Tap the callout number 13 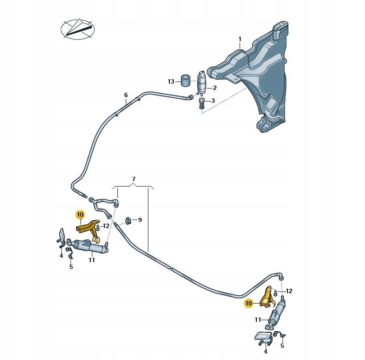[x=171, y=81]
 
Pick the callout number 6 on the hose [x=126, y=95]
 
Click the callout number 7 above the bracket [x=134, y=179]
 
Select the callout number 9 [x=140, y=220]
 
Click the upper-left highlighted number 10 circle [x=80, y=215]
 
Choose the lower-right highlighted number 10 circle [x=249, y=303]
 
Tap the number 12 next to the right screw [x=289, y=291]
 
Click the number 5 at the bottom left [x=71, y=267]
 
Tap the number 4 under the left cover [x=62, y=255]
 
